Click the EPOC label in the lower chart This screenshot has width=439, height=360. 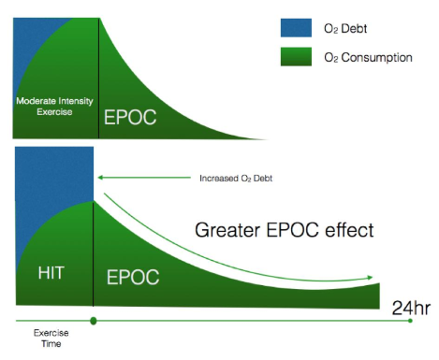point(131,278)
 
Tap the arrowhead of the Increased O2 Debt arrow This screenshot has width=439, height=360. point(101,176)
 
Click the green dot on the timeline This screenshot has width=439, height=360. point(94,322)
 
